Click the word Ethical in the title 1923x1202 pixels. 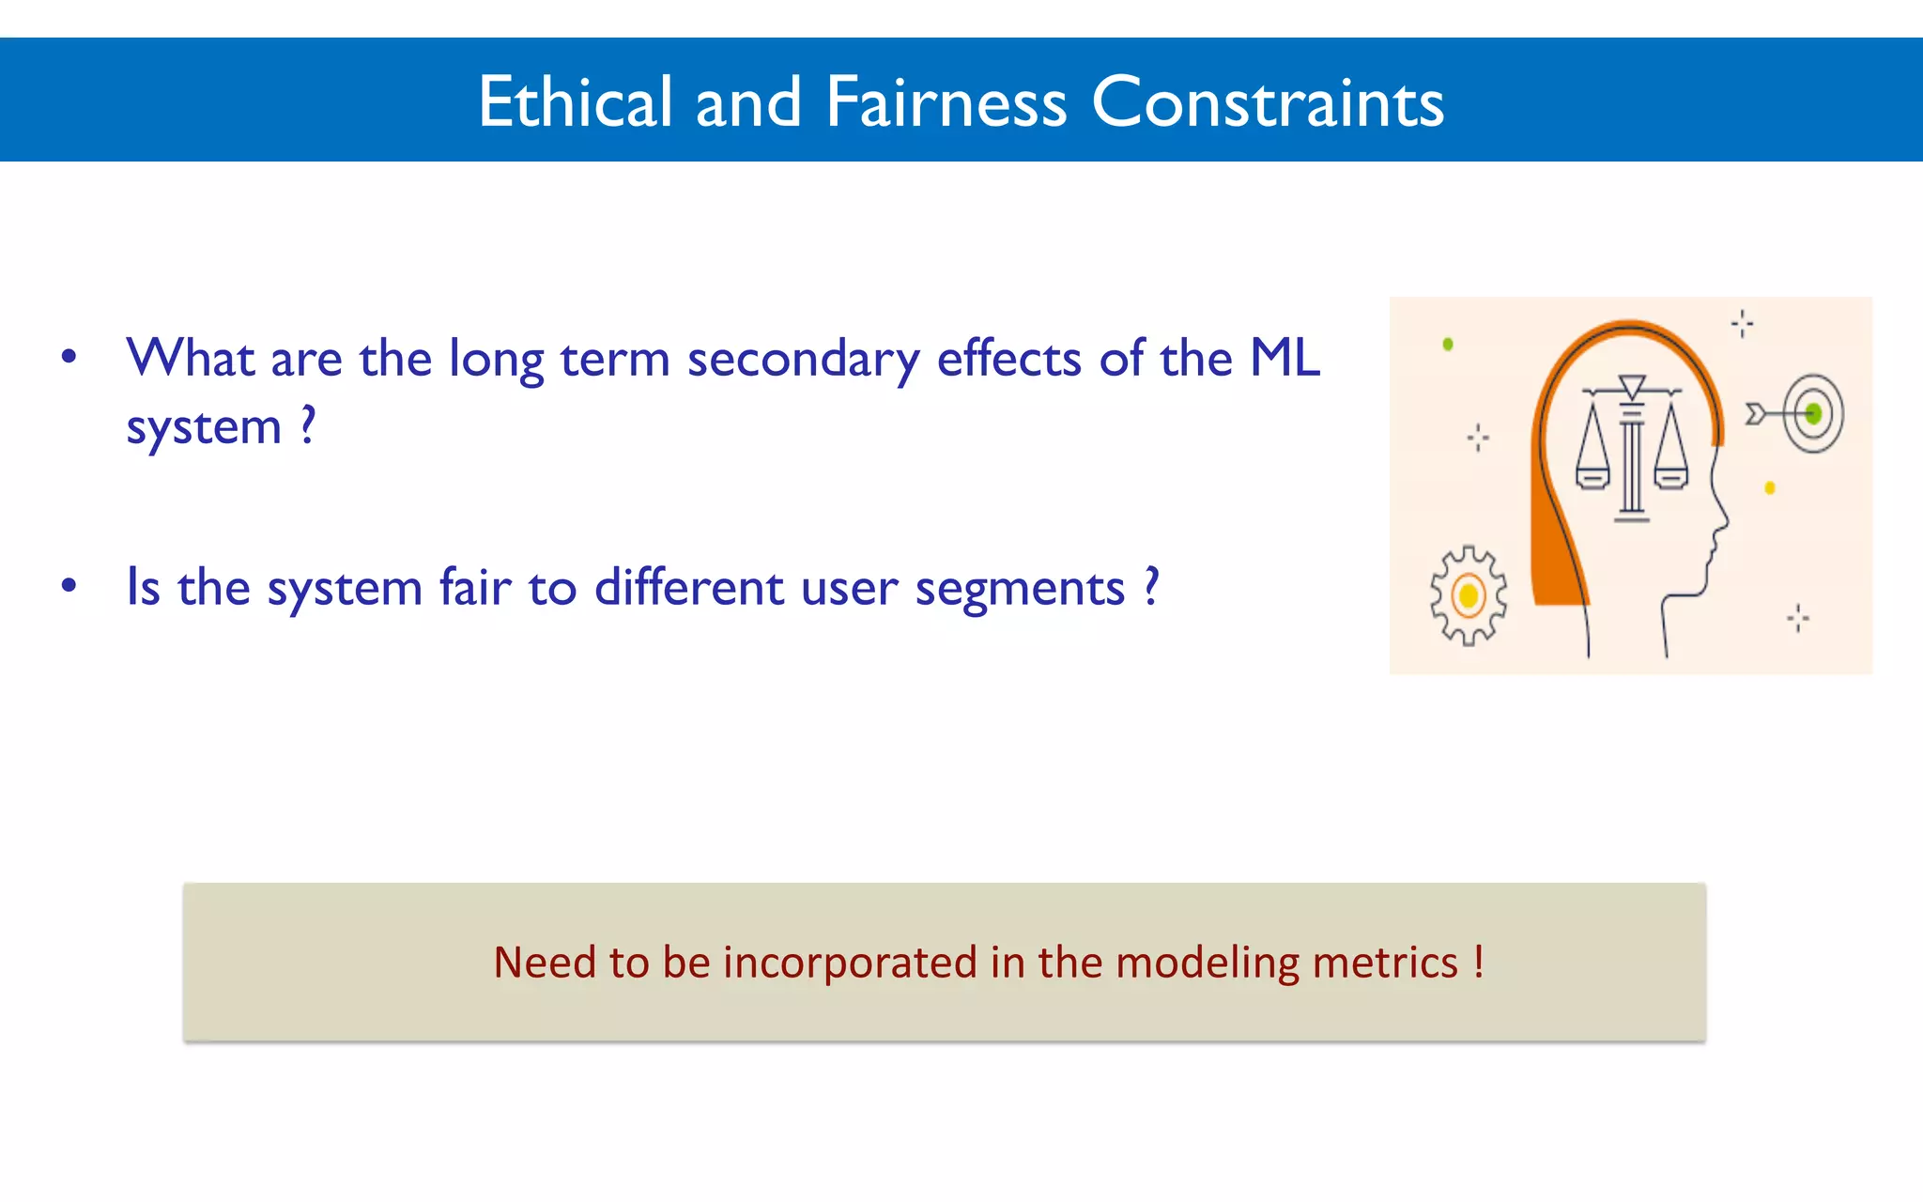(x=575, y=101)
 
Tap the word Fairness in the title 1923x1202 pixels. (x=946, y=101)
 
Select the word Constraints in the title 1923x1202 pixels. (x=1267, y=101)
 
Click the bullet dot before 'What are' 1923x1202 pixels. (x=69, y=357)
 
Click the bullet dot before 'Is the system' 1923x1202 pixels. (x=69, y=586)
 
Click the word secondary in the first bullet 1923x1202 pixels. (x=803, y=360)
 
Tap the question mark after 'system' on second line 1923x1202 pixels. (x=308, y=424)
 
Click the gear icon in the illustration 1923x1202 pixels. (x=1469, y=595)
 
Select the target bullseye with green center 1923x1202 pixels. (x=1813, y=413)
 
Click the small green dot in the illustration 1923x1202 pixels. (x=1448, y=345)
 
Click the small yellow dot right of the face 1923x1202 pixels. (x=1770, y=487)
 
